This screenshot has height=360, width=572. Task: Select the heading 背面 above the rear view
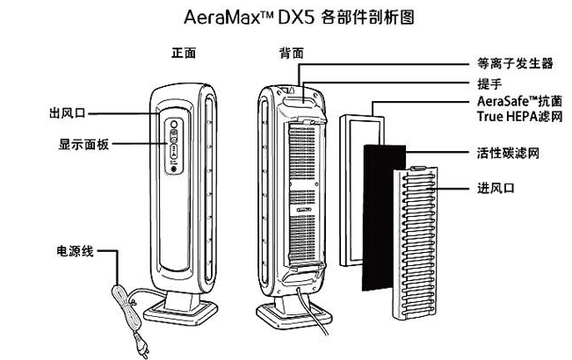click(x=291, y=53)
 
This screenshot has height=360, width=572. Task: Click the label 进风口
click(x=489, y=189)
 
